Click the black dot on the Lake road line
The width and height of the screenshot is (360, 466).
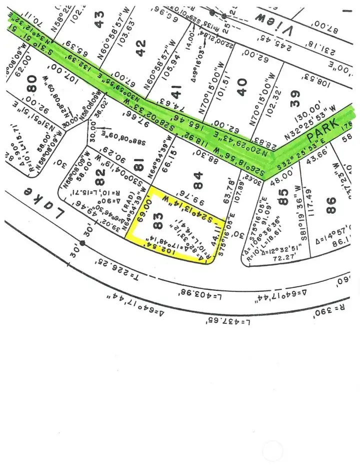[x=82, y=243]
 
